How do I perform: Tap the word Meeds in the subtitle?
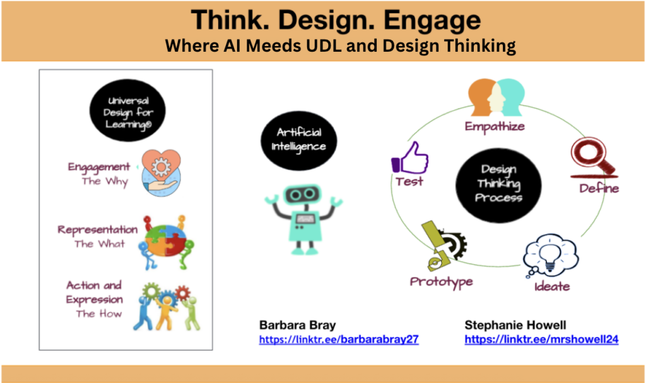tap(274, 46)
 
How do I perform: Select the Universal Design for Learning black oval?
tap(127, 110)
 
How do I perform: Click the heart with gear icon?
tap(161, 173)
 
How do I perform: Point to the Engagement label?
tap(99, 167)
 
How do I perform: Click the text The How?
tap(99, 313)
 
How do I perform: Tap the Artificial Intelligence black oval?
tap(298, 140)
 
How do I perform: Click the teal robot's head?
tap(303, 195)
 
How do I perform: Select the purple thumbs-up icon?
tap(409, 158)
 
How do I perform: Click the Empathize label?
tap(495, 126)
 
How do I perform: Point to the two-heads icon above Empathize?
tap(496, 97)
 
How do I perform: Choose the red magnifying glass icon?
tap(594, 157)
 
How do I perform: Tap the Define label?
tap(599, 188)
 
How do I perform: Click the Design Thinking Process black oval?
tap(498, 185)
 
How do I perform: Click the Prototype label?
tap(441, 282)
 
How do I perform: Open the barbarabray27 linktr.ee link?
tap(339, 339)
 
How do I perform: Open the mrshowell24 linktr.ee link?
tap(541, 339)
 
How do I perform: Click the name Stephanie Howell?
tap(515, 325)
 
